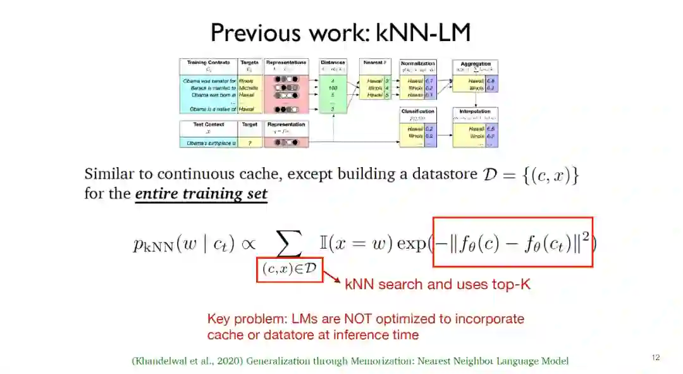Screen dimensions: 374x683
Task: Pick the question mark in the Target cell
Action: point(250,144)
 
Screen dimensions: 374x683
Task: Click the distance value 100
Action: point(333,88)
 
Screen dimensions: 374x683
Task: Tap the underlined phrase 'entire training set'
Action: point(201,194)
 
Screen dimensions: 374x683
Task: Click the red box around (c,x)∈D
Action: point(290,268)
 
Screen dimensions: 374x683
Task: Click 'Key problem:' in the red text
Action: point(240,319)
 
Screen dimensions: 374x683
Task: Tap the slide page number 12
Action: point(655,358)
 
